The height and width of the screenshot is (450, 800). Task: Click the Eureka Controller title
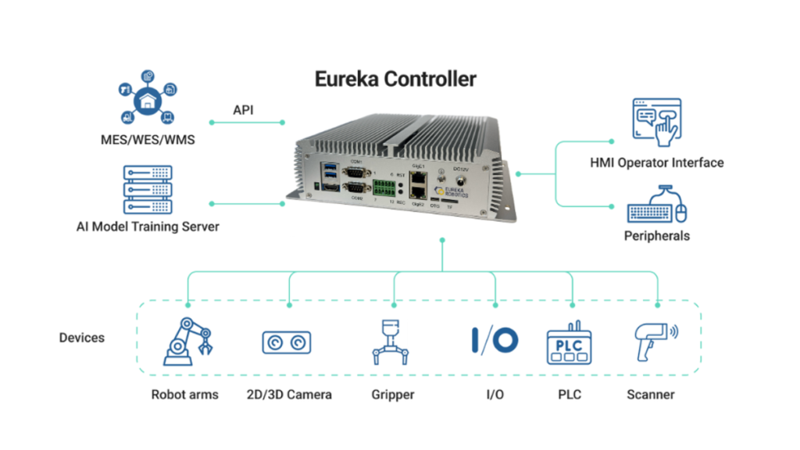click(x=395, y=79)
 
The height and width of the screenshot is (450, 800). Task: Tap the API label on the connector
click(x=243, y=110)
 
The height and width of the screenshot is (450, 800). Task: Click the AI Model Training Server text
click(x=148, y=227)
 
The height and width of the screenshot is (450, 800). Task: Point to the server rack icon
click(x=147, y=190)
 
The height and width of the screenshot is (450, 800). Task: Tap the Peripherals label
click(x=656, y=235)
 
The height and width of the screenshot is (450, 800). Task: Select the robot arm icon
click(x=187, y=341)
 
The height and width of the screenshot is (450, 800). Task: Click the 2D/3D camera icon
click(x=286, y=342)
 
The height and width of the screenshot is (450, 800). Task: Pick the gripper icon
click(x=392, y=342)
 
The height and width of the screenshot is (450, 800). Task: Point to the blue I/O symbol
click(x=495, y=341)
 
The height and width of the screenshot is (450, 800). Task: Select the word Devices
click(x=82, y=337)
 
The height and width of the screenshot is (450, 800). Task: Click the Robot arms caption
click(x=185, y=395)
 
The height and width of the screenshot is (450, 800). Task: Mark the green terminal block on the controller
click(x=384, y=187)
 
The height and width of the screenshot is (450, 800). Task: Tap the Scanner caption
click(x=651, y=395)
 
